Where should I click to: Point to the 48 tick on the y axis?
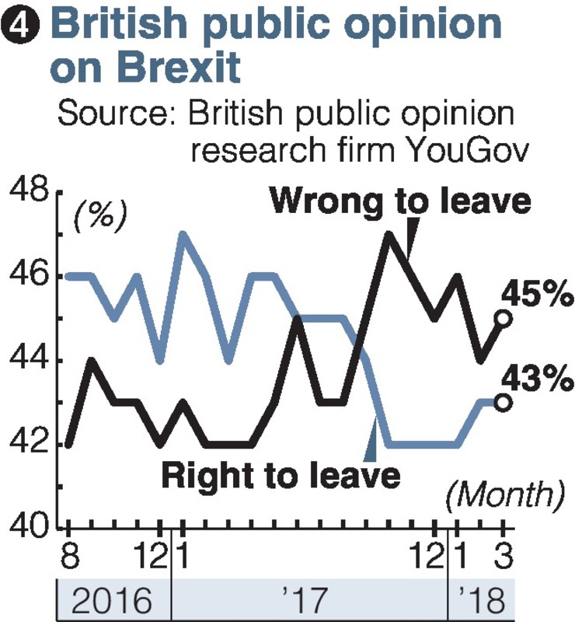29,191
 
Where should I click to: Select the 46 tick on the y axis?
29,276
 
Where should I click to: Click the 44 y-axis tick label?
29,361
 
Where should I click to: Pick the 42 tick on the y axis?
29,445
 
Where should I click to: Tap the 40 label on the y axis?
29,529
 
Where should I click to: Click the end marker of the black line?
503,318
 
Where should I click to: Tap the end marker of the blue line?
503,402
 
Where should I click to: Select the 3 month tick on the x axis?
503,556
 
